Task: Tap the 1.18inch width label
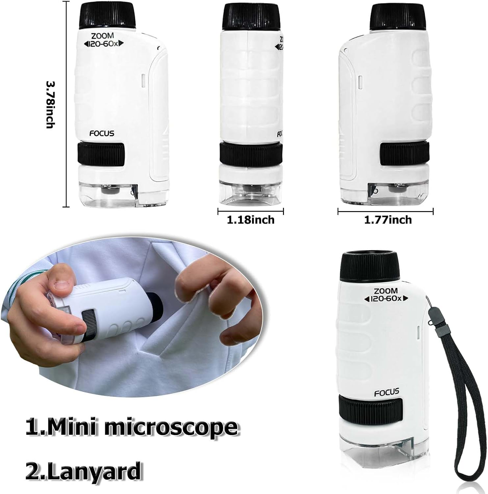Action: pyautogui.click(x=251, y=220)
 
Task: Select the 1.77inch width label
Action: pyautogui.click(x=388, y=220)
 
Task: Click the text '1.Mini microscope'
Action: pyautogui.click(x=132, y=427)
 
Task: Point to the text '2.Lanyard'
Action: pyautogui.click(x=84, y=471)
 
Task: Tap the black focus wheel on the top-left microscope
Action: pyautogui.click(x=101, y=154)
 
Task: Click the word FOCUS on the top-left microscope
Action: pyautogui.click(x=102, y=133)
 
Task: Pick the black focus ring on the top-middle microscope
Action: pyautogui.click(x=251, y=153)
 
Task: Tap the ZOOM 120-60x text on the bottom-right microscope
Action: pyautogui.click(x=386, y=295)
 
